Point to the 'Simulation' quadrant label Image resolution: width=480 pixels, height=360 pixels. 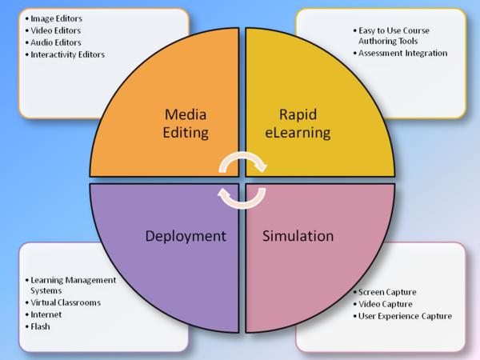click(x=299, y=236)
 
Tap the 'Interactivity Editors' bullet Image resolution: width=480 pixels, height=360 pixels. click(x=67, y=54)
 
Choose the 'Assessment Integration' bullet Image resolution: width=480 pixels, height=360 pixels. click(x=402, y=53)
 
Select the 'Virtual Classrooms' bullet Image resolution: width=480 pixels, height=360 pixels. click(x=66, y=303)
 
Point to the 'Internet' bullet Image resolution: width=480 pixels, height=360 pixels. click(x=46, y=314)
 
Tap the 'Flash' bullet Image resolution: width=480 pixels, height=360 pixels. click(x=41, y=326)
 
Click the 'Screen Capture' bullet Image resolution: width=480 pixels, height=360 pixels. click(x=387, y=292)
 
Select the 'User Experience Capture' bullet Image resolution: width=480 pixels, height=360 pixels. click(x=405, y=316)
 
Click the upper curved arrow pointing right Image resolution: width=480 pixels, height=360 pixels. click(x=243, y=162)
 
